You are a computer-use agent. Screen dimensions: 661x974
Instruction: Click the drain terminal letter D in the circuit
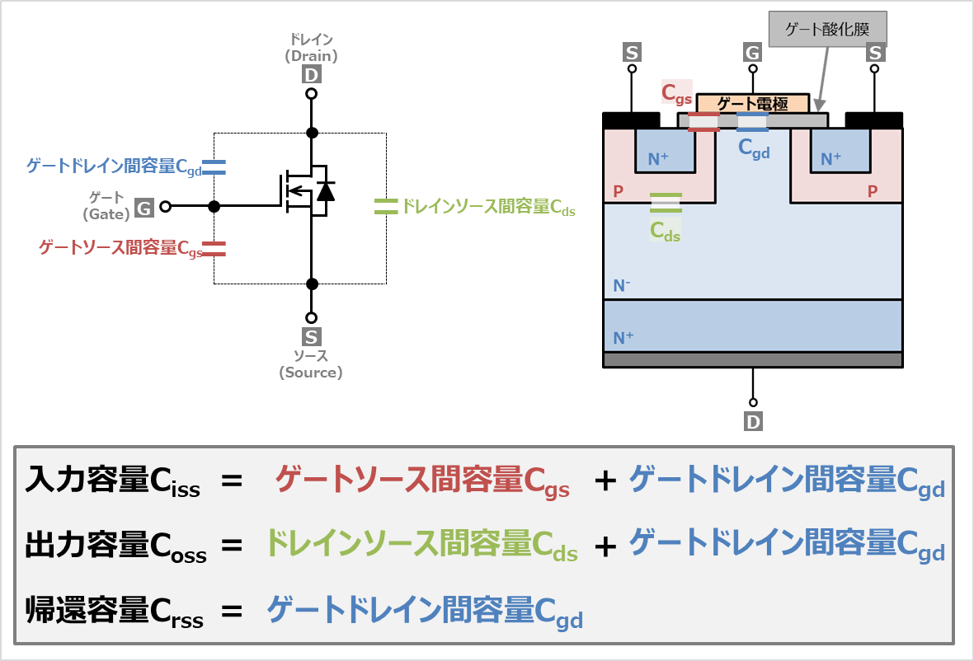coord(311,76)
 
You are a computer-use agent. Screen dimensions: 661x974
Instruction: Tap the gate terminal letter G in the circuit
coord(144,209)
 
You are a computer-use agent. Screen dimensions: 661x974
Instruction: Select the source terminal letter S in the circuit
coord(311,337)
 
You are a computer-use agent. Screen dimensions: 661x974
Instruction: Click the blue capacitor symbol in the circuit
coord(214,167)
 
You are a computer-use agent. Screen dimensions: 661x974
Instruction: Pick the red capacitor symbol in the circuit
coord(214,248)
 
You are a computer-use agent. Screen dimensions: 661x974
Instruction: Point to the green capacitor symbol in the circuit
coord(385,206)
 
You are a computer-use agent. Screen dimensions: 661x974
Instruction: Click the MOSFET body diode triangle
coord(326,192)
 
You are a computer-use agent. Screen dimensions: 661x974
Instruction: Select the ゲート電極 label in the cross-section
coord(752,104)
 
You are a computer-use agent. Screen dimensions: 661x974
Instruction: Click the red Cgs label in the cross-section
coord(676,92)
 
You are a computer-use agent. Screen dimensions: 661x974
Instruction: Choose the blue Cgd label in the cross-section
coord(754,148)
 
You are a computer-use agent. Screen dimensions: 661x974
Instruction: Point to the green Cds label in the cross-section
coord(665,232)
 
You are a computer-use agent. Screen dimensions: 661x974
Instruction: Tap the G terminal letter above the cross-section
coord(752,54)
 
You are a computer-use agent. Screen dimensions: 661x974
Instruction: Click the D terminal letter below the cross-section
coord(753,422)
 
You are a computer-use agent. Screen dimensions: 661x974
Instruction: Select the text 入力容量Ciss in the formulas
coord(113,480)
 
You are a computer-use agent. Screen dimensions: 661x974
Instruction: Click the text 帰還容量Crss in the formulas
coord(114,612)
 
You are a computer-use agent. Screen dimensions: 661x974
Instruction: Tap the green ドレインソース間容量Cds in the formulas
coord(421,545)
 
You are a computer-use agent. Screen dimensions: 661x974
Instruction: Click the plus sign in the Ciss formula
coord(606,481)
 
